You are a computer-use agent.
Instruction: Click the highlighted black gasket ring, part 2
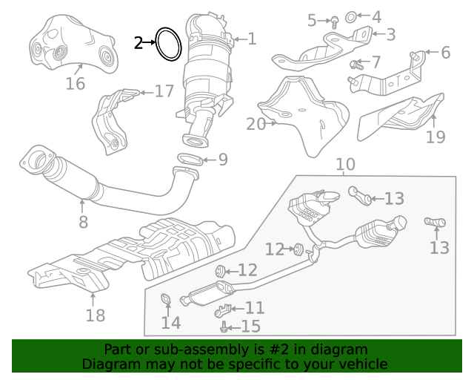click(x=168, y=45)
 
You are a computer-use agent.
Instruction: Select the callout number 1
click(x=252, y=39)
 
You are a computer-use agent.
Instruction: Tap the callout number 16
click(x=75, y=84)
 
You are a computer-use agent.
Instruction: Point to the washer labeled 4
click(x=350, y=16)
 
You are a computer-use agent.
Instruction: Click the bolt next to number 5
click(x=334, y=22)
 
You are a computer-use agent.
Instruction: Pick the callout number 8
click(x=445, y=53)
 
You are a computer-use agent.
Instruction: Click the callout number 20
click(x=82, y=221)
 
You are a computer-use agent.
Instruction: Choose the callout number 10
click(x=345, y=165)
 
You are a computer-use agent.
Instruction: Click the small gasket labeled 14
click(x=167, y=299)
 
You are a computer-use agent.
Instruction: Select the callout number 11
click(x=254, y=307)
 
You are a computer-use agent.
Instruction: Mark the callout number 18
click(x=95, y=315)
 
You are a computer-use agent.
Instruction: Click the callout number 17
click(x=164, y=91)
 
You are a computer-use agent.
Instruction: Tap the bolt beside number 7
click(x=355, y=66)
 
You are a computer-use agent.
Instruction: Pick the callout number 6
click(x=445, y=53)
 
